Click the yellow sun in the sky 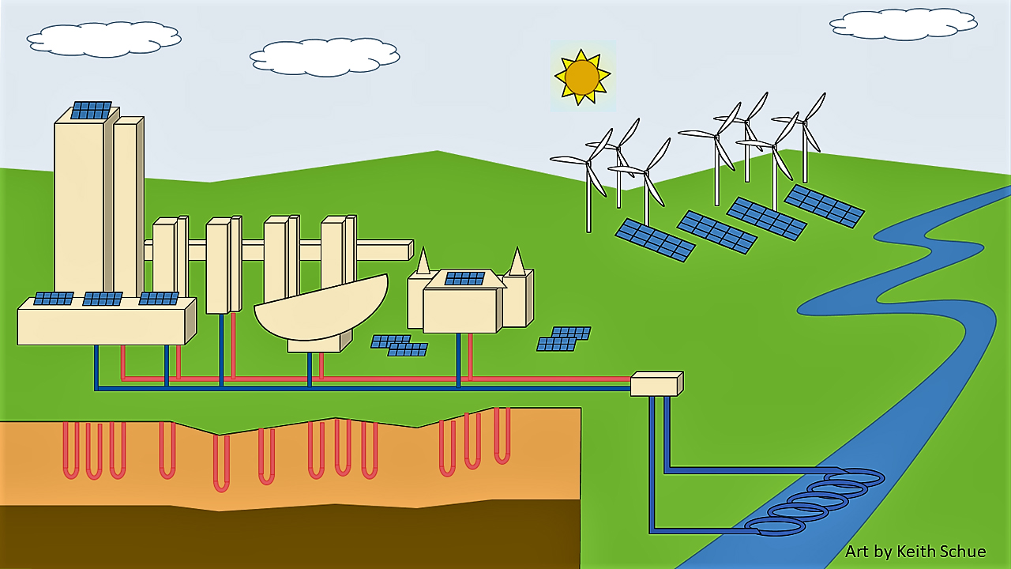tap(582, 77)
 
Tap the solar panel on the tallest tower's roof tap(91, 110)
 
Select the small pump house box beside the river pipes tap(656, 384)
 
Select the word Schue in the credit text tap(964, 552)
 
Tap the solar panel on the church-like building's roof tap(464, 278)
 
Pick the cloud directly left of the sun tap(324, 57)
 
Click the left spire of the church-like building tap(423, 262)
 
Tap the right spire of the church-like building tap(517, 262)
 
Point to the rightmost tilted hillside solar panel tap(824, 205)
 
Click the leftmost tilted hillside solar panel tap(655, 239)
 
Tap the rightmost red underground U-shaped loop tap(502, 435)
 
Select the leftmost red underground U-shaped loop tap(71, 450)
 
